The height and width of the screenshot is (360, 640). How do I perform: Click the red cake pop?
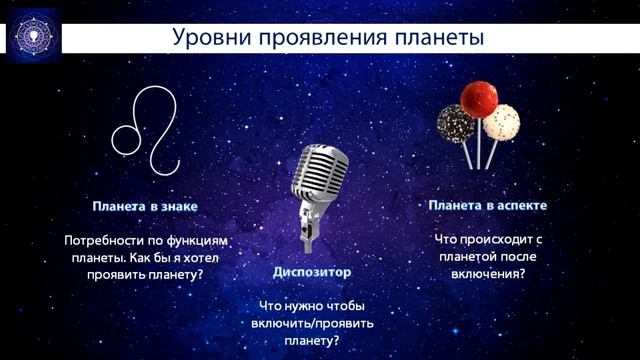click(x=478, y=99)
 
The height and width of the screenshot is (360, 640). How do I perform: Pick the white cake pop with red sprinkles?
click(x=501, y=121)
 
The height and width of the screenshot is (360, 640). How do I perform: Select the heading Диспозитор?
click(x=313, y=271)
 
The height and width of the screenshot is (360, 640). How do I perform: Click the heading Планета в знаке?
click(x=144, y=206)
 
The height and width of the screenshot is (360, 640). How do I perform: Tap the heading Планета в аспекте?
click(x=487, y=205)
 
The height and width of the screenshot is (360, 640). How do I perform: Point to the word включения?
click(x=487, y=273)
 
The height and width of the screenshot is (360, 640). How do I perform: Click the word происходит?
click(x=493, y=240)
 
